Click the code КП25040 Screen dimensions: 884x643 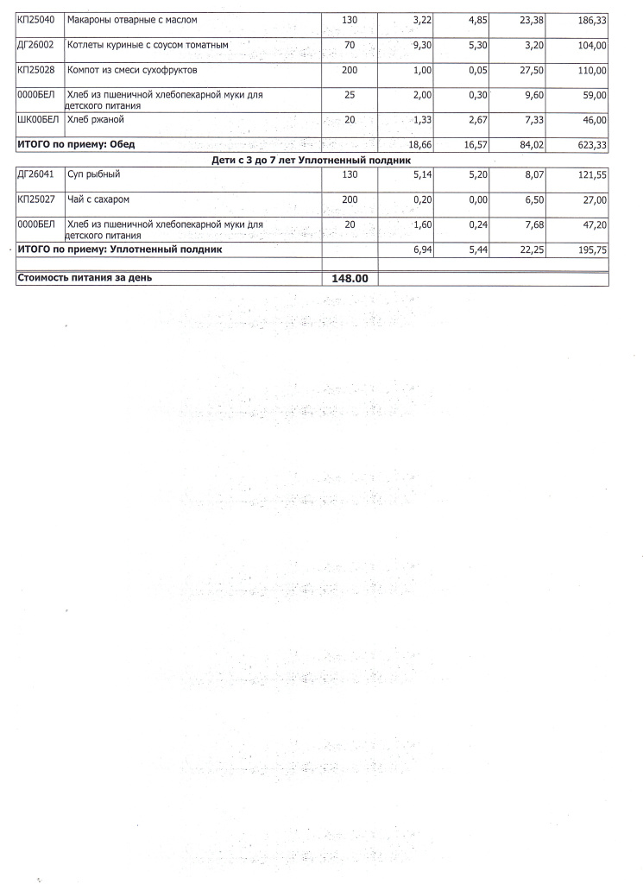(35, 20)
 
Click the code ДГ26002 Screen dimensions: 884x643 (35, 44)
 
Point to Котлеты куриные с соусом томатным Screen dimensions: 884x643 (148, 44)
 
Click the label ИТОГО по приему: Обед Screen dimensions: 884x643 (77, 144)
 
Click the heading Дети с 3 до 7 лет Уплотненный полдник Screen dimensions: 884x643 (312, 161)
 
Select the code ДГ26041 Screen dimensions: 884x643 (35, 174)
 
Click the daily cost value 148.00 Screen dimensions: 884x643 (349, 279)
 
